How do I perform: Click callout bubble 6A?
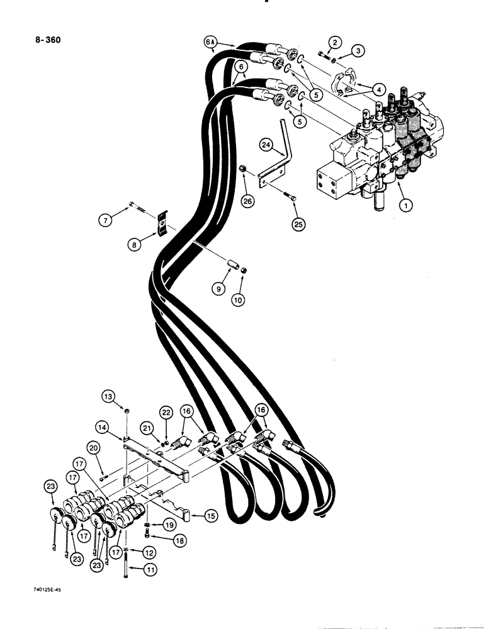211,43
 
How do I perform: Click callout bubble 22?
166,412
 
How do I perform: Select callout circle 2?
336,43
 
